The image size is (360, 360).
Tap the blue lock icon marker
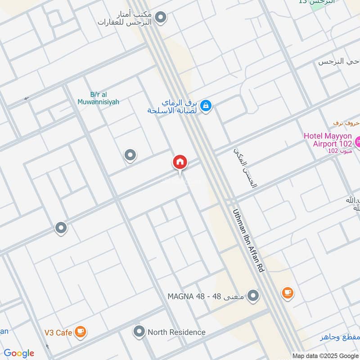point(206,106)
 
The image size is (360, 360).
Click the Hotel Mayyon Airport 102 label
point(328,139)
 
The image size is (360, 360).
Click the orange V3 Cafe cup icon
point(81,332)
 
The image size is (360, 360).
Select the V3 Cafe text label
point(58,333)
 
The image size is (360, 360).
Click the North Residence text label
point(176,332)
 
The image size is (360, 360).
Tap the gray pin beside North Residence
point(139,332)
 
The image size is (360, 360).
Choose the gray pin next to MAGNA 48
point(253,296)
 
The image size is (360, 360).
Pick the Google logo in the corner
point(19,353)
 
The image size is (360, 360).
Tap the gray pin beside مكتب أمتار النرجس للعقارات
point(160,18)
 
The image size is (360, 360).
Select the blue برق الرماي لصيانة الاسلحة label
point(173,107)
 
